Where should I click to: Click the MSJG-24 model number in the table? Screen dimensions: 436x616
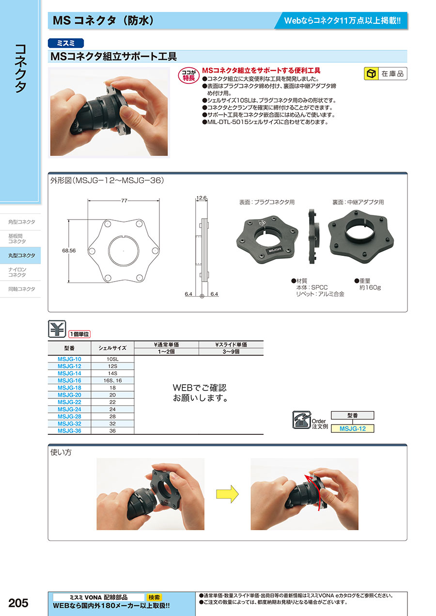click(x=69, y=409)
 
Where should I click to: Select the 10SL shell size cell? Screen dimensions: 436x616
click(x=112, y=359)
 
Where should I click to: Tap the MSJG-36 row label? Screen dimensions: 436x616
click(x=69, y=431)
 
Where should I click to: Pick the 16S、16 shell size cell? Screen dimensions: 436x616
click(x=112, y=380)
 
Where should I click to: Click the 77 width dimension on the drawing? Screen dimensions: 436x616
click(x=124, y=201)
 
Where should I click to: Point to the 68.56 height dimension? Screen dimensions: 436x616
click(x=69, y=251)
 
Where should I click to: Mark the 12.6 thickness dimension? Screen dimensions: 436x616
click(x=201, y=198)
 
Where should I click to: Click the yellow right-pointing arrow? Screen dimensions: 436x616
click(x=227, y=494)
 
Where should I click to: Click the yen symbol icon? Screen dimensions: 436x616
click(x=57, y=329)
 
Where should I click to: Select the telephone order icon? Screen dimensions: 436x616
click(x=302, y=420)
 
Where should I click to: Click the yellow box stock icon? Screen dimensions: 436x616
click(x=372, y=74)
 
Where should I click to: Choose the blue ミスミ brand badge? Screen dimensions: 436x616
click(x=66, y=43)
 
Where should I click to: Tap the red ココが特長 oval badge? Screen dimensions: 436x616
click(x=188, y=75)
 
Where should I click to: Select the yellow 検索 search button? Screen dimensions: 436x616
click(x=154, y=597)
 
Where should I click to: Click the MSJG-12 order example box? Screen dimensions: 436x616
click(x=352, y=429)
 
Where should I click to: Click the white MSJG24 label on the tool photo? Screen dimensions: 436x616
click(x=275, y=250)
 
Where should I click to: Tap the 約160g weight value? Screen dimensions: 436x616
click(x=370, y=288)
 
